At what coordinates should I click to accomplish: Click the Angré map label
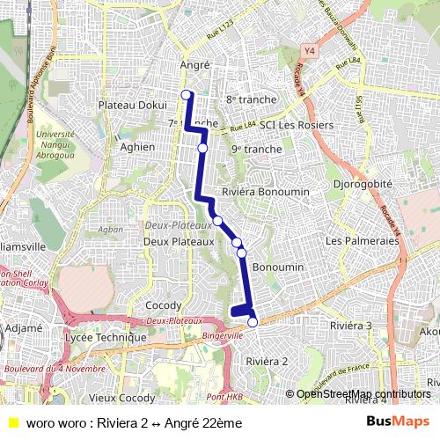coord(194,65)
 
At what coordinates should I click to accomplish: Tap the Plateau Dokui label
coord(127,105)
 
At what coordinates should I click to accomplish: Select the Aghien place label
coord(138,147)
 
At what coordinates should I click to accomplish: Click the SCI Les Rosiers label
coord(297,125)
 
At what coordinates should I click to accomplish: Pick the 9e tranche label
coord(257,150)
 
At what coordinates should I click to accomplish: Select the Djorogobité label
coord(363,184)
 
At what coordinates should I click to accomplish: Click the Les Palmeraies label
coord(357,240)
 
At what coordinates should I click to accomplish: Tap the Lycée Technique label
coord(106,337)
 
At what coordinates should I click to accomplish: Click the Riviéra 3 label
coord(350,326)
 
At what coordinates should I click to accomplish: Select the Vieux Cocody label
coord(122,398)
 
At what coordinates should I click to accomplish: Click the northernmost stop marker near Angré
coord(186,95)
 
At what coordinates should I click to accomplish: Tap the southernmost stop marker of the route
coord(253,322)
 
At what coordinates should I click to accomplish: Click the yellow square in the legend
coord(12,423)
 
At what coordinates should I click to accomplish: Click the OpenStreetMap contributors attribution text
coord(363,393)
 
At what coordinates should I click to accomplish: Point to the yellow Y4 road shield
coord(308,51)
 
